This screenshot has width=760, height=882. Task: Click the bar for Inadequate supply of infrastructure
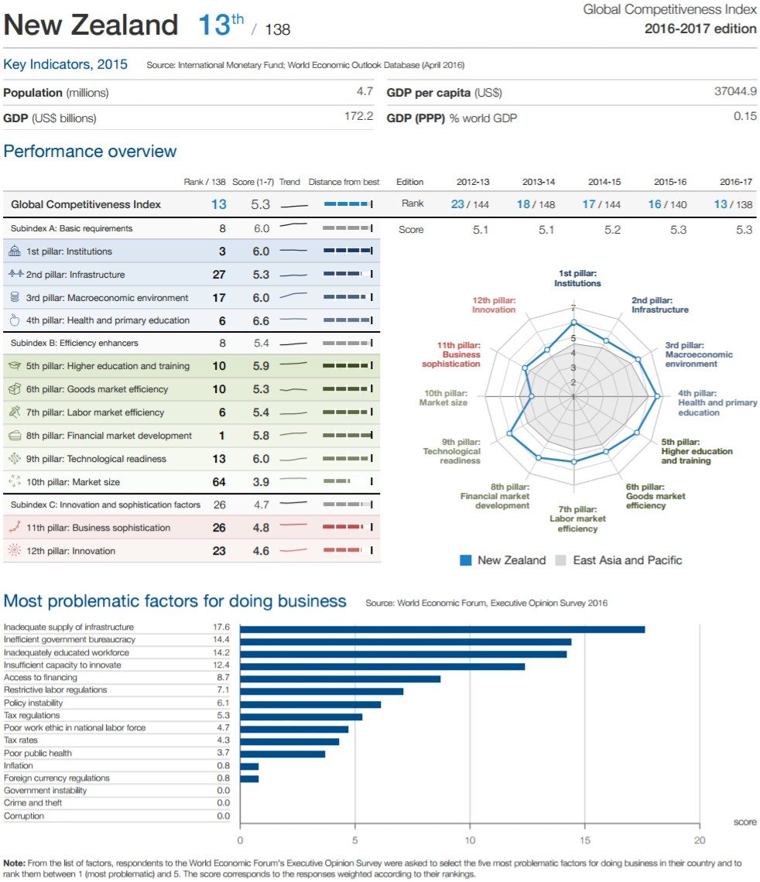click(442, 629)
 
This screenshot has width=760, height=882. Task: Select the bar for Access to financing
click(340, 679)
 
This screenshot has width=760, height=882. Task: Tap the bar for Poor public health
click(282, 754)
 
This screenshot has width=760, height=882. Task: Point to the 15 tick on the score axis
click(585, 840)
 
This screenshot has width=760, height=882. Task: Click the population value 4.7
click(365, 93)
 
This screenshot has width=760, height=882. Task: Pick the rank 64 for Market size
click(219, 482)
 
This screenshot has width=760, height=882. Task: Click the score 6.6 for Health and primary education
click(261, 320)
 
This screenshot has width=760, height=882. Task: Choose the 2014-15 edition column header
click(603, 183)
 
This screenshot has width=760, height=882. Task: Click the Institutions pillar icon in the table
click(15, 251)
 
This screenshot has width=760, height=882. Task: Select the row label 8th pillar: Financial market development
click(109, 436)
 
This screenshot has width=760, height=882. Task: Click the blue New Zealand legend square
click(466, 560)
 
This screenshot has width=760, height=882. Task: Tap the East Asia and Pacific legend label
click(627, 560)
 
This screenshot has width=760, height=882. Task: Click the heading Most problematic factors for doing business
click(175, 601)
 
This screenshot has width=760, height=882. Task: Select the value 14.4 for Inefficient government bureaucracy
click(221, 640)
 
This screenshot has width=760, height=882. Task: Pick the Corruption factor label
click(24, 816)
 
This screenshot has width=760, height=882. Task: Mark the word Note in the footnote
click(14, 863)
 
